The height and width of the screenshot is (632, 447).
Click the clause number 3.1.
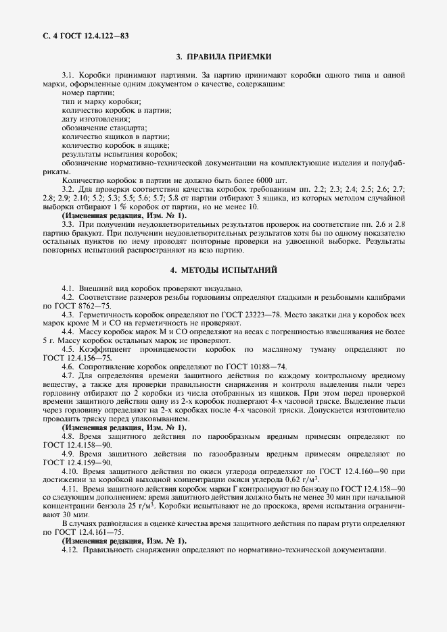pos(68,74)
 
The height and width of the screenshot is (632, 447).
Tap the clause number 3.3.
pos(68,223)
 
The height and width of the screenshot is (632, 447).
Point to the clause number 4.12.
pos(70,550)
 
